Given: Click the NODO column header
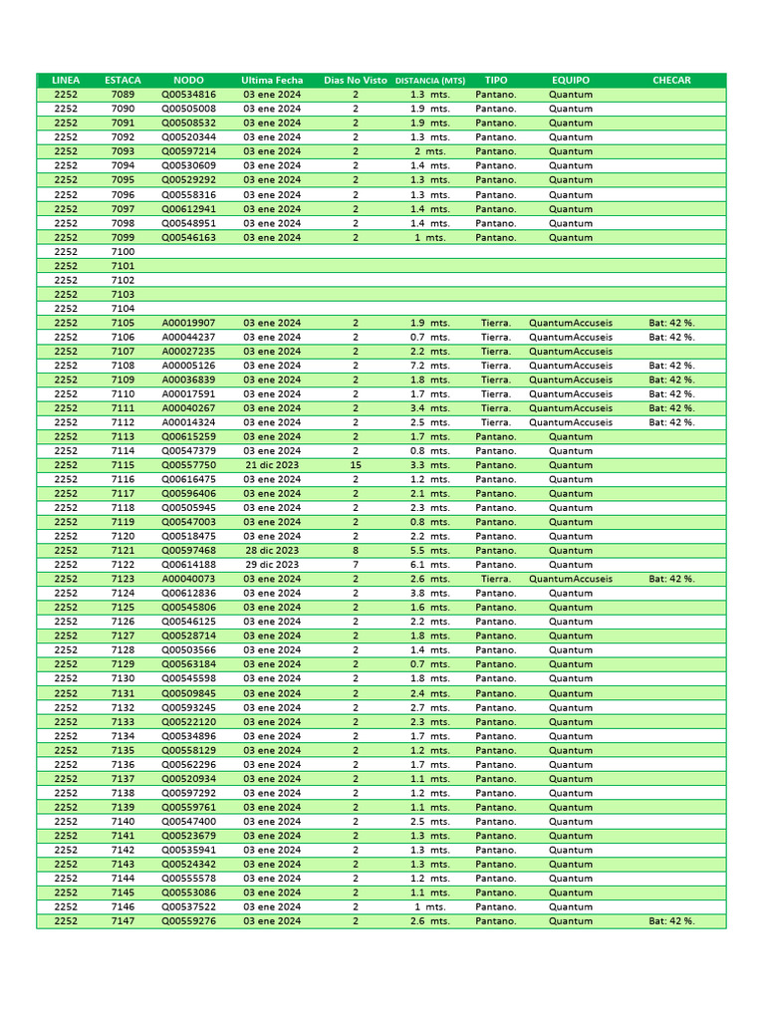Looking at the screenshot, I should pos(188,80).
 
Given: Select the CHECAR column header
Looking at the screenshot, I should pos(671,80).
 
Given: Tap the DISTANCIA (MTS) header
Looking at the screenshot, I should pos(430,80).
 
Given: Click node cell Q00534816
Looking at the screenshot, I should pos(188,95).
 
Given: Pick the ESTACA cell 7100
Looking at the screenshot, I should pos(123,252).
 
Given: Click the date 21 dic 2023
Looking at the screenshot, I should pos(272,465).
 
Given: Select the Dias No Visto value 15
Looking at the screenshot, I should pos(356,465).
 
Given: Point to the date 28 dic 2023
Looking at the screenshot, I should pos(272,551).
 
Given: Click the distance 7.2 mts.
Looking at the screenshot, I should pos(430,366).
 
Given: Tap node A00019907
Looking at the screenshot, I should pos(188,323).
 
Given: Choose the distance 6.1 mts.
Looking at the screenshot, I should pos(430,565).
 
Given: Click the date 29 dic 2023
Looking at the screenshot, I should pos(272,565).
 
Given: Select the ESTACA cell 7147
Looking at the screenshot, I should pos(123,921).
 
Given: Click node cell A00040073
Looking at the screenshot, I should pos(188,579).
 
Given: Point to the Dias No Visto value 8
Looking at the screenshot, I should pos(356,551).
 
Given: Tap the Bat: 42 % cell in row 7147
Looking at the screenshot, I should pos(671,921).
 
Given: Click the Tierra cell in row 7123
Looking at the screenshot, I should pos(496,579).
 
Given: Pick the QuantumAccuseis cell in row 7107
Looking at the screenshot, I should pos(571,352).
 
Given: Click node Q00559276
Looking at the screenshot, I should pos(188,921).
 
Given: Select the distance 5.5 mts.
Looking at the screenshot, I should pos(430,551).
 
